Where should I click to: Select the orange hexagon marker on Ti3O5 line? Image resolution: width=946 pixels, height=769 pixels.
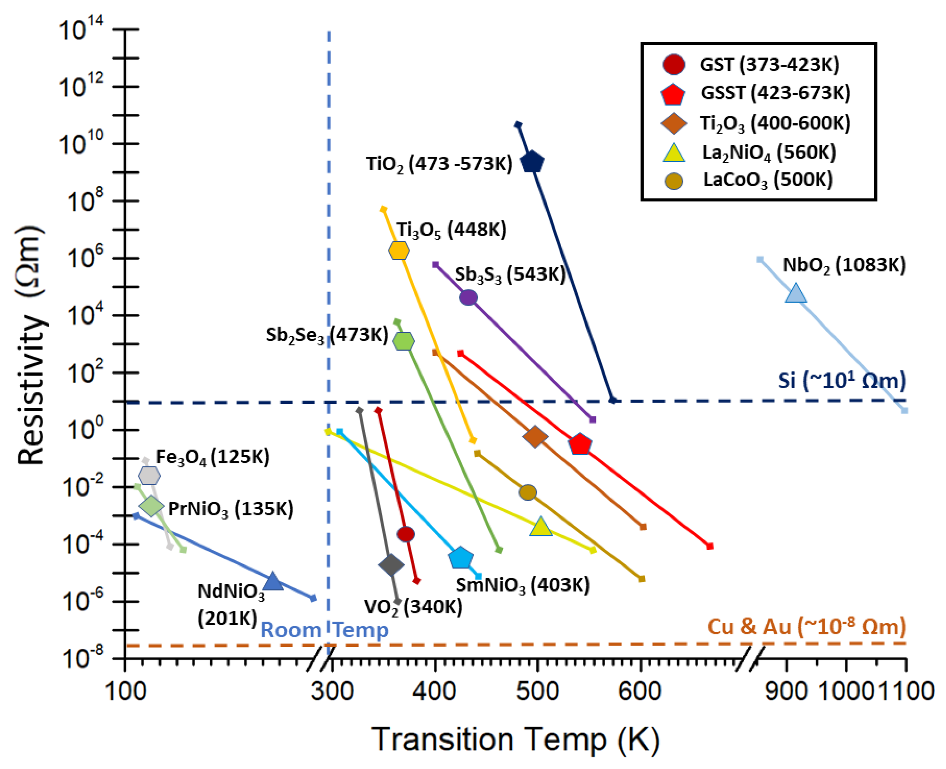pos(399,250)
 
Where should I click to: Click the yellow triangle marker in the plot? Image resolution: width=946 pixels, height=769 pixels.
pos(541,527)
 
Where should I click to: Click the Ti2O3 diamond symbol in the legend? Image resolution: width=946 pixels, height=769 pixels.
pos(673,123)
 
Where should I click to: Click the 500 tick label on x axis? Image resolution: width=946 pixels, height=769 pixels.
pos(537,691)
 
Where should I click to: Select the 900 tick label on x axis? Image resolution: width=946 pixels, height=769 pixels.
pos(786,691)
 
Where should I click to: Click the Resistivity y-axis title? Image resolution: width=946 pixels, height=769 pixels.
pos(31,345)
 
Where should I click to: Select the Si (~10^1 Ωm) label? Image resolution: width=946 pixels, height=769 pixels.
pos(842,380)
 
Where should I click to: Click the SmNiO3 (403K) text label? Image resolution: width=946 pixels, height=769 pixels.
pos(523,585)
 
